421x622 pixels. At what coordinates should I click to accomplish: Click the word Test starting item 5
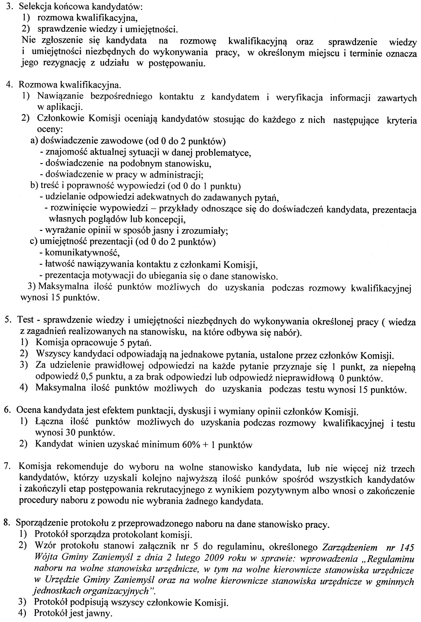26,320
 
